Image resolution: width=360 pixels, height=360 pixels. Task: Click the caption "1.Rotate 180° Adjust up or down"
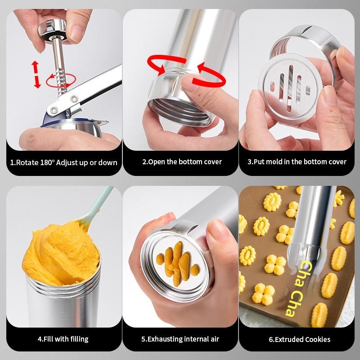63,162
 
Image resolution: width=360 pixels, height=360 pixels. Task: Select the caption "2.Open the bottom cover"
182,162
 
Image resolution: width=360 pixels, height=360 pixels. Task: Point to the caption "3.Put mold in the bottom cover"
297,162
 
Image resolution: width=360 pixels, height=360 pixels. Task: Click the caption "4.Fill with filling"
63,339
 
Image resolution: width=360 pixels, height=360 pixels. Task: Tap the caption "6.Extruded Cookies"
300,339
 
